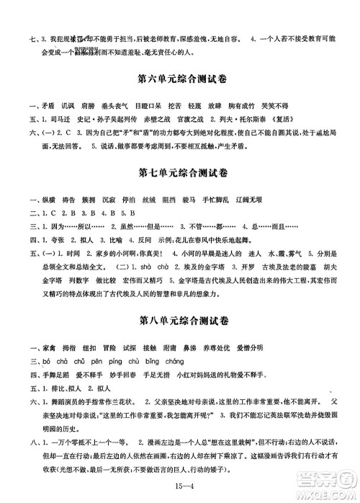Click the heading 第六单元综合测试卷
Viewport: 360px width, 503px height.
179,76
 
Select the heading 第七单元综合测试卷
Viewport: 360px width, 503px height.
179,173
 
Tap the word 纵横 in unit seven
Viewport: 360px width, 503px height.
38,199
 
